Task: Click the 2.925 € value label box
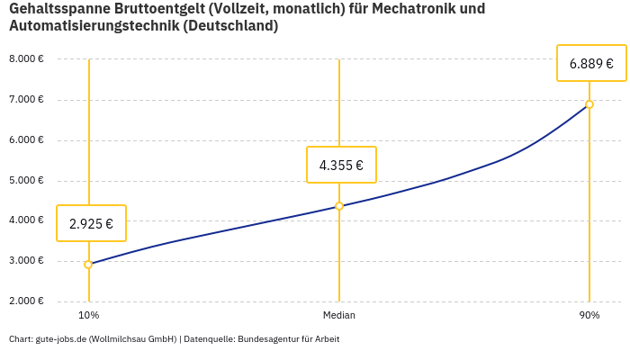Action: [91, 223]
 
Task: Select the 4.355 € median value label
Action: [341, 165]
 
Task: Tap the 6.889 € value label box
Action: [591, 63]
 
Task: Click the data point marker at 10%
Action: [88, 265]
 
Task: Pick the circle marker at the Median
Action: [339, 206]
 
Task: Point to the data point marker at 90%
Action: [589, 104]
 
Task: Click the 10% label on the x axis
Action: [88, 315]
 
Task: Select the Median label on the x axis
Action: [339, 315]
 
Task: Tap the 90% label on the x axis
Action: [589, 315]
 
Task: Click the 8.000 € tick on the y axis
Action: [26, 59]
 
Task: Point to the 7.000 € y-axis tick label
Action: [26, 100]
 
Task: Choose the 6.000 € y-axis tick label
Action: [26, 140]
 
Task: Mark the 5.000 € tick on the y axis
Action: [26, 180]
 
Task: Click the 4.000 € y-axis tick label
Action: [26, 220]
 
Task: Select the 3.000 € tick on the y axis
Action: [26, 261]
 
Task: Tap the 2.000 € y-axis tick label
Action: [26, 301]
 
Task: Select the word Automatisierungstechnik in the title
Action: [94, 26]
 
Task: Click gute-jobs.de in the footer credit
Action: [61, 339]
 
